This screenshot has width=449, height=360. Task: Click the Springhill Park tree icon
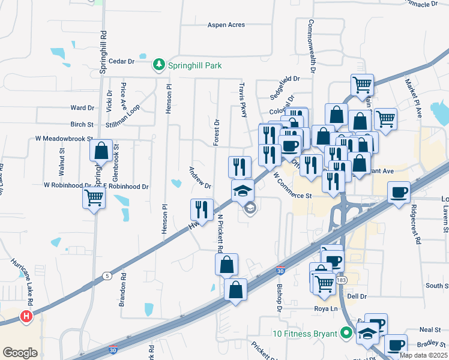[x=159, y=64]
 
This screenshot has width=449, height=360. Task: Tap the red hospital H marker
[x=26, y=316]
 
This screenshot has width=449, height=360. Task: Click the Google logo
[x=20, y=352]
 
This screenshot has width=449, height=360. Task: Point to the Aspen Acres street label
[x=226, y=25]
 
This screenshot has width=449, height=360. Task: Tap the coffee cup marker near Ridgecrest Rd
[x=399, y=193]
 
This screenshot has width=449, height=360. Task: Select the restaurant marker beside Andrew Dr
[x=201, y=209]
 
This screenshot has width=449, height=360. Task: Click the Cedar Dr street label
[x=122, y=61]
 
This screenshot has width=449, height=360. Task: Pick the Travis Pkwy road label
[x=244, y=100]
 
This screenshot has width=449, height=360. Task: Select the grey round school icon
[x=250, y=208]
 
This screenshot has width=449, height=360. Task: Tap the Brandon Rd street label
[x=123, y=290]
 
